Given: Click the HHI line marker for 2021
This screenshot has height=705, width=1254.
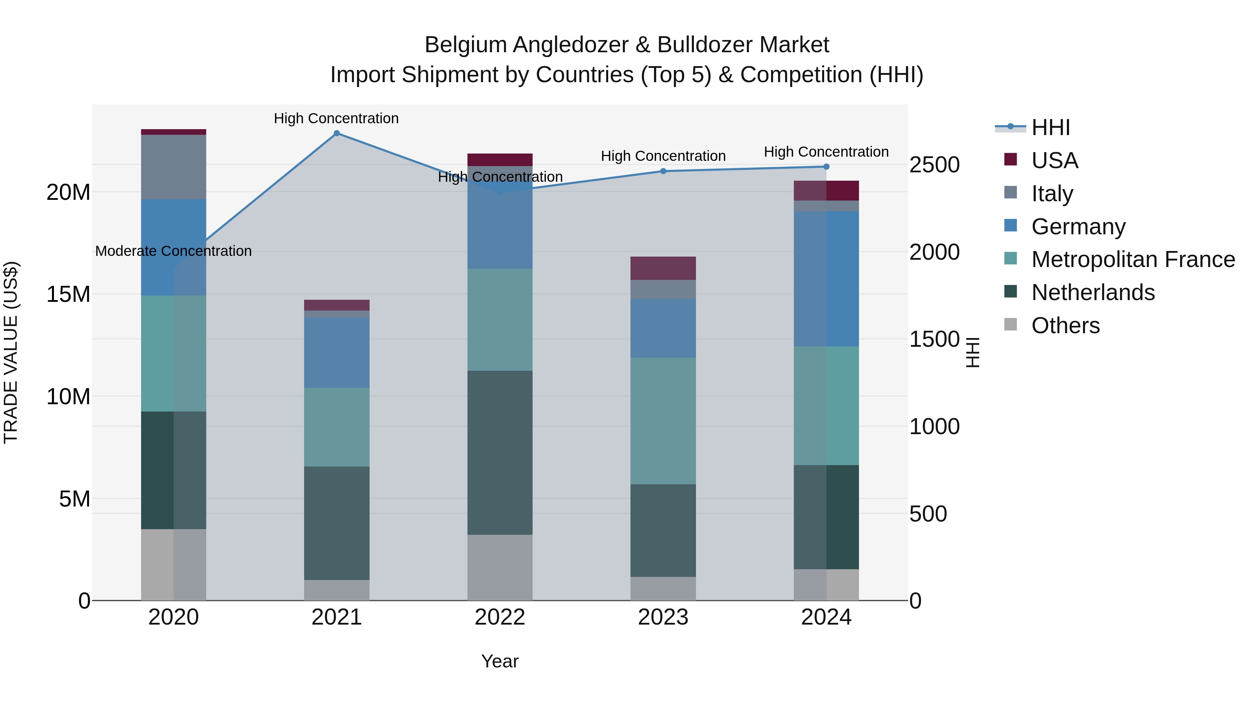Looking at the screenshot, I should coord(336,133).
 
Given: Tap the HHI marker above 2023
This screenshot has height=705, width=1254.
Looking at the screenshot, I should coord(663,171).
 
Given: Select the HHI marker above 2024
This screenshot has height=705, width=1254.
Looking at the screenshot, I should coord(826,167).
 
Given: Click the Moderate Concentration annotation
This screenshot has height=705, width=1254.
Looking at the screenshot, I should coord(173,251).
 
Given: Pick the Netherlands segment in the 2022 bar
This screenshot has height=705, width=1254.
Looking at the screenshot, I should coord(500,453).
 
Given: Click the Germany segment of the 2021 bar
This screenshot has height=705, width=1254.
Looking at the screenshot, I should coord(336,352).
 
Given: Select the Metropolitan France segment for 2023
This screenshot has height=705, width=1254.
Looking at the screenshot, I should coord(663,421).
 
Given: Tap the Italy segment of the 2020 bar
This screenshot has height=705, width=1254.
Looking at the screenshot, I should coord(173,167).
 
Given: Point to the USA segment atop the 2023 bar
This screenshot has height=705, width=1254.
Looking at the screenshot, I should coord(663,268).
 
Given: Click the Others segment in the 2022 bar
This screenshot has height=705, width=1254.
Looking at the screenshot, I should coord(500,567).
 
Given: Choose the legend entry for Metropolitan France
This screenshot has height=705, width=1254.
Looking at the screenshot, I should coord(1133,259).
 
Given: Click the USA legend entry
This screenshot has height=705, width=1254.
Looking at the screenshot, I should coord(1054,160).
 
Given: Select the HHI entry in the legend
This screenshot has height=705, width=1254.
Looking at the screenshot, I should coord(1051,127).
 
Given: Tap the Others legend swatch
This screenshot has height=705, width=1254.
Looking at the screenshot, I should coord(1011,324).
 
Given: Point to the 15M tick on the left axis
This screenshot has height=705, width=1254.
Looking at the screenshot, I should coord(68,294).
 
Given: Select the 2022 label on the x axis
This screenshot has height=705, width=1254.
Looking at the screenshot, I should coord(500,617).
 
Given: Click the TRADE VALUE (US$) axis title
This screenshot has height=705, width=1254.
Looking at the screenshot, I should coord(11,352).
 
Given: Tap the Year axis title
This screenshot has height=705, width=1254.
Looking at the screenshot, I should coord(500,661).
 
